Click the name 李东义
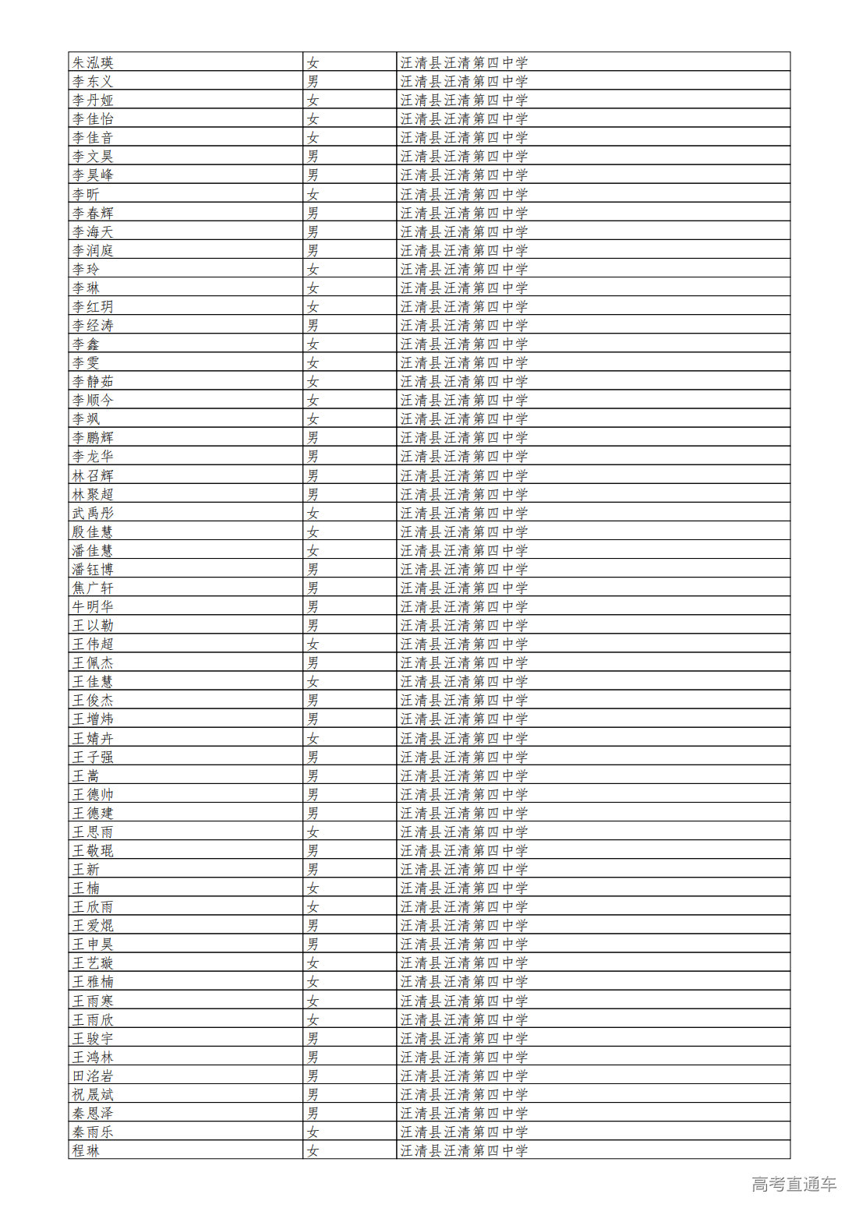tap(93, 81)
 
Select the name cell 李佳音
tap(93, 138)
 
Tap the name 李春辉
tap(93, 213)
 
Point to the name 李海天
tap(93, 231)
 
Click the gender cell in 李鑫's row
tap(313, 344)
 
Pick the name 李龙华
tap(93, 457)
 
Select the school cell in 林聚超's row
tap(464, 494)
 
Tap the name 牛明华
tap(93, 606)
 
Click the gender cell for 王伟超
tap(313, 644)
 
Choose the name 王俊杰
tap(93, 700)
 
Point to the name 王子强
tap(93, 757)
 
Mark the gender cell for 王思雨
tap(313, 832)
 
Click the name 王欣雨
tap(93, 906)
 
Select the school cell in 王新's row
tap(464, 869)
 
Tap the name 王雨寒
tap(93, 1001)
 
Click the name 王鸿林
tap(93, 1057)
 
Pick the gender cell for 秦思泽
tap(313, 1113)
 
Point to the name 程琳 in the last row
tap(86, 1150)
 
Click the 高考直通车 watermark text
tap(794, 1184)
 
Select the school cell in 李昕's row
tap(464, 194)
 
